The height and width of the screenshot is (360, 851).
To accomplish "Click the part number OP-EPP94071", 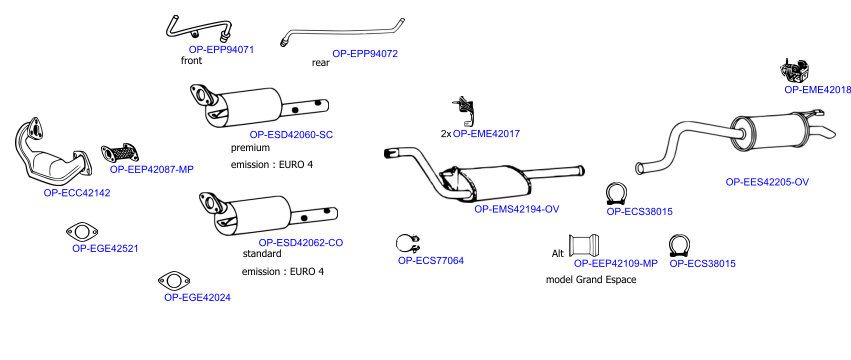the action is [x=221, y=49].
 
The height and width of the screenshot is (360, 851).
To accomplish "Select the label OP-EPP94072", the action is [x=365, y=54].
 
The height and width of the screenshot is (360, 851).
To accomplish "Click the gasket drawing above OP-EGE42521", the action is [x=82, y=232].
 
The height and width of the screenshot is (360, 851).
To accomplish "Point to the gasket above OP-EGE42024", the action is [x=174, y=281].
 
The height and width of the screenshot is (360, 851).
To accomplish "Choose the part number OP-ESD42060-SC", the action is [x=291, y=135].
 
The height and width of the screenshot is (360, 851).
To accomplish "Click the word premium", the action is [x=250, y=148].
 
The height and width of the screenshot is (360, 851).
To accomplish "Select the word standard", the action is [x=262, y=254].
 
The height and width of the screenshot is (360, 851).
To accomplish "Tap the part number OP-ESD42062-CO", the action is [x=301, y=243].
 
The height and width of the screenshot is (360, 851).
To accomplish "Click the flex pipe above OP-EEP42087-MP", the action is [x=119, y=153].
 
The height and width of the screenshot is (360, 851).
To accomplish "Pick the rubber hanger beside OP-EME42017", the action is [x=463, y=110].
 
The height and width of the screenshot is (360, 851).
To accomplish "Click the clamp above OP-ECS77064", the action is [x=408, y=244].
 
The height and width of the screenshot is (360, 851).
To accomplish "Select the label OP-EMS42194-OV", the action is [x=517, y=209].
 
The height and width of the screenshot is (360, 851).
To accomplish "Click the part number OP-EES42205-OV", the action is [x=767, y=182].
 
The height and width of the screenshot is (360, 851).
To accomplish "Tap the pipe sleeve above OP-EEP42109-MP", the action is [x=584, y=246].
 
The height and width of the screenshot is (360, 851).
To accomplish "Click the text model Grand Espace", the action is [x=590, y=280].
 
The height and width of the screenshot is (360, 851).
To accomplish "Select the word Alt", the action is [x=558, y=254].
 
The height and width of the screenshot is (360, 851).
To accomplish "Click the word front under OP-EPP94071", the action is [x=192, y=61].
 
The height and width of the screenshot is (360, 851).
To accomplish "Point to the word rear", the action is [x=320, y=63].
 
